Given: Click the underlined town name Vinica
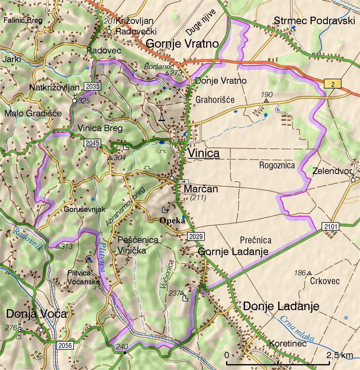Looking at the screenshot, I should [203, 153].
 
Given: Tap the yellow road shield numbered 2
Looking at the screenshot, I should [333, 84].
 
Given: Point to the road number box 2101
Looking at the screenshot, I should [330, 226].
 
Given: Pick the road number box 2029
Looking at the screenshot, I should [196, 237].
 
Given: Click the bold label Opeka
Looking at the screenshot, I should [173, 220].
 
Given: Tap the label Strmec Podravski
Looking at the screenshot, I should [314, 21].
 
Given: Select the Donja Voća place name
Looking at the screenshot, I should [37, 314].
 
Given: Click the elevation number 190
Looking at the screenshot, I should [266, 95].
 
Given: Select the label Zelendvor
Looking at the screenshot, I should [332, 171].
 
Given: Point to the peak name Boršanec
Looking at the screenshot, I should [154, 66].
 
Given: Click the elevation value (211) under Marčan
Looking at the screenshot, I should [198, 198].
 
